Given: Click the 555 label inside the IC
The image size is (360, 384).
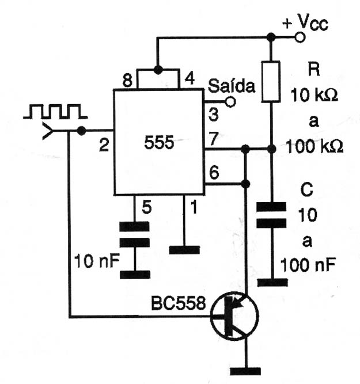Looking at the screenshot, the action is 159,142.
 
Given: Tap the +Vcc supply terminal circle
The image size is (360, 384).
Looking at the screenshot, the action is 300,37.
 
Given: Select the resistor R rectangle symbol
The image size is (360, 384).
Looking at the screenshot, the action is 271,81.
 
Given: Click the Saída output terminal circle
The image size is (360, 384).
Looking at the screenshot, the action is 230,102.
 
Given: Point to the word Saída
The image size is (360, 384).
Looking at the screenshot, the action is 232,86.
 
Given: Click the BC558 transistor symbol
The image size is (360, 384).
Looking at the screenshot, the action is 234,316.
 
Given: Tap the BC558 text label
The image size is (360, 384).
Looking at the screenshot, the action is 178,303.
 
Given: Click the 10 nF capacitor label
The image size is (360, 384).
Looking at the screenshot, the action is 97,261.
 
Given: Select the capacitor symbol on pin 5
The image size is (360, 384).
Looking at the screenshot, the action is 134,235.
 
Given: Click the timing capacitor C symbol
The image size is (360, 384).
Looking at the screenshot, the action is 271,215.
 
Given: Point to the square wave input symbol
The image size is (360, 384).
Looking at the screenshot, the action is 55,112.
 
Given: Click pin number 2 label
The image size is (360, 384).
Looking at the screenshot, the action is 104,145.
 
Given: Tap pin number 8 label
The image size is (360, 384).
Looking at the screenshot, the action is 127,80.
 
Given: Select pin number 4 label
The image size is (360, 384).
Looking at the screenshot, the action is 190,78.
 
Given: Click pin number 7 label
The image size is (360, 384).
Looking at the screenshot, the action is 213,138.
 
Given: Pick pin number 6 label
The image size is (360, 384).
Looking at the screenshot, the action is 214,173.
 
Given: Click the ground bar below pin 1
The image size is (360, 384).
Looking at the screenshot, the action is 184,250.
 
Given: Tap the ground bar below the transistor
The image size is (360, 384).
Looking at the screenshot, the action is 245,371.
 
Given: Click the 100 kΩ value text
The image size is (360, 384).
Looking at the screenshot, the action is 314,147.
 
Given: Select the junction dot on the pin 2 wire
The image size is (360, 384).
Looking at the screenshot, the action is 81,131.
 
